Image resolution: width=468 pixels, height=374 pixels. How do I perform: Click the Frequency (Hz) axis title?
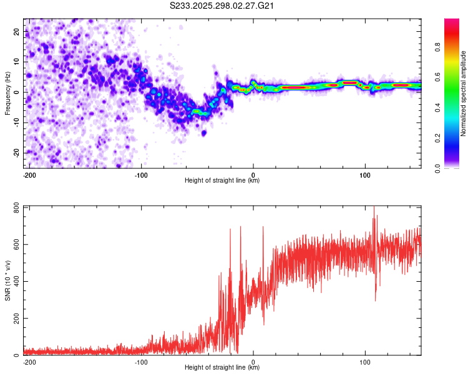7,93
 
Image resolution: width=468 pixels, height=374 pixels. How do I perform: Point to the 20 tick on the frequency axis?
17,31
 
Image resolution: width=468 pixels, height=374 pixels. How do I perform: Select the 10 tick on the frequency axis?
17,62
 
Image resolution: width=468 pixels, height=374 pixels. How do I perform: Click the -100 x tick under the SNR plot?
141,362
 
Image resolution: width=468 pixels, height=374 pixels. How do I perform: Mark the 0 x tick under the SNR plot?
253,362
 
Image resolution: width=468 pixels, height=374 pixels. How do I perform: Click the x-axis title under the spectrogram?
222,181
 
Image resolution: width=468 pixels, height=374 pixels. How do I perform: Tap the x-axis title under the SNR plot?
222,368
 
